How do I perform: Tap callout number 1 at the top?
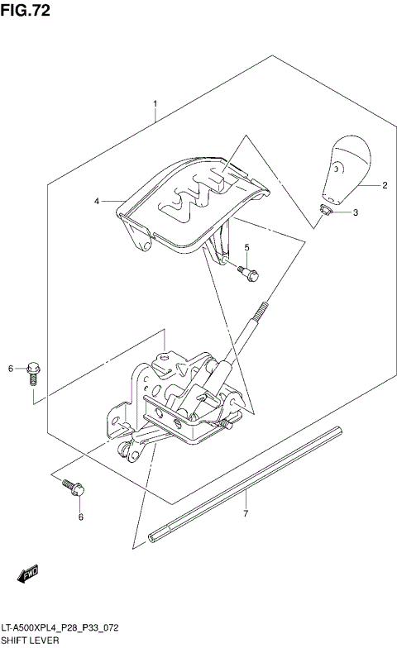[x=155, y=105]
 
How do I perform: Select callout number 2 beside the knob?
[x=385, y=187]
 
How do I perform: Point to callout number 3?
[x=355, y=212]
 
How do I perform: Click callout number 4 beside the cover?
[x=97, y=201]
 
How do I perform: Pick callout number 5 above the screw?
[x=246, y=248]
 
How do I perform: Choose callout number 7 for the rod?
[x=246, y=515]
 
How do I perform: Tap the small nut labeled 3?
[x=325, y=212]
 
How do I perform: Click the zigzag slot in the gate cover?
[x=198, y=197]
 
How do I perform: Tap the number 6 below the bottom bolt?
[x=80, y=517]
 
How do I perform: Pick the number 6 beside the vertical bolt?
[x=12, y=368]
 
